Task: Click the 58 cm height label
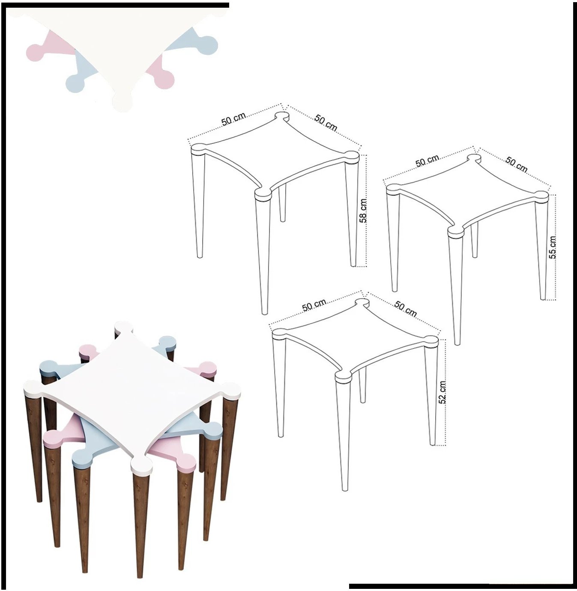363,211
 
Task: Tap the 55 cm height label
553,247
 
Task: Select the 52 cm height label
442,392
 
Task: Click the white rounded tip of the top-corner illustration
122,102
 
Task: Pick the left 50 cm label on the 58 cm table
234,119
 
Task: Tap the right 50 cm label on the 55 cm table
517,164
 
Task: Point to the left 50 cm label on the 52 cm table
314,305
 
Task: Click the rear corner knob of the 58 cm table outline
281,116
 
